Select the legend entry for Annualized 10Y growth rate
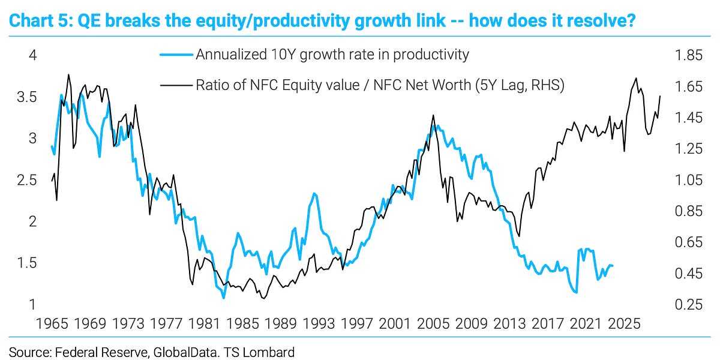[332, 55]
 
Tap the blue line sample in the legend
[176, 55]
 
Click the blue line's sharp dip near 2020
[576, 292]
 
